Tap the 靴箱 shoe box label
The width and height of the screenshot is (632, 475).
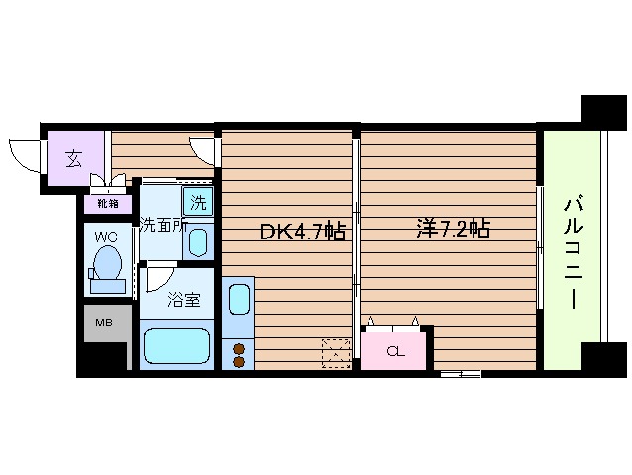[x=107, y=203]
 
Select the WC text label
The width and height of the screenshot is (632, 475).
[x=107, y=237]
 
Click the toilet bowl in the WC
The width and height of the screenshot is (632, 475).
[x=107, y=264]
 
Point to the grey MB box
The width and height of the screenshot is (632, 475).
[x=103, y=323]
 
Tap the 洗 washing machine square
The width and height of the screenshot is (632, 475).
[x=198, y=205]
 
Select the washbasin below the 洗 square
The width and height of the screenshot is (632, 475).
[x=198, y=242]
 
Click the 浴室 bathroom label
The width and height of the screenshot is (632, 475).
[x=183, y=299]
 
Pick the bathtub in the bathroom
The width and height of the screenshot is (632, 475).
[x=178, y=347]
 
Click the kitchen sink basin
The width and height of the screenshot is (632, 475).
[x=239, y=298]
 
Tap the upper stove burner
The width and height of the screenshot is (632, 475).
[x=239, y=346]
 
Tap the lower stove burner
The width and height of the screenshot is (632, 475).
[x=239, y=361]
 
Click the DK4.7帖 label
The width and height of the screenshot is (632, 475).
[x=302, y=233]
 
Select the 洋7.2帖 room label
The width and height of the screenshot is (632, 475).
[x=452, y=230]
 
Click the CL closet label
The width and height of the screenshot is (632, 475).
[x=395, y=351]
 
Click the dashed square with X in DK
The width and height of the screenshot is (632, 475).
[x=336, y=352]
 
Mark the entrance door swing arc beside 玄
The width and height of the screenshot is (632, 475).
[x=24, y=156]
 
